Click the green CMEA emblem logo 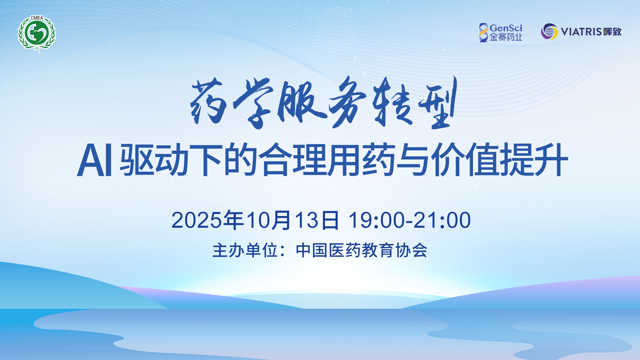[x=37, y=33]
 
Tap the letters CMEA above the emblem [x=37, y=18]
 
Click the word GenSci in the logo [x=506, y=28]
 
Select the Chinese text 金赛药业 [x=506, y=37]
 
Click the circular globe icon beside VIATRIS [x=549, y=32]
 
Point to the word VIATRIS [x=582, y=32]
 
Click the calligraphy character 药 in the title [x=208, y=102]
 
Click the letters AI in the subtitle [x=95, y=160]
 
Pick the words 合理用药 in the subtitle [x=327, y=160]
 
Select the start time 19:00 [x=377, y=220]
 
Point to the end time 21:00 [x=442, y=220]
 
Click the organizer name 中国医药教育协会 [x=362, y=250]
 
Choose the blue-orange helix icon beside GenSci [x=483, y=32]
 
